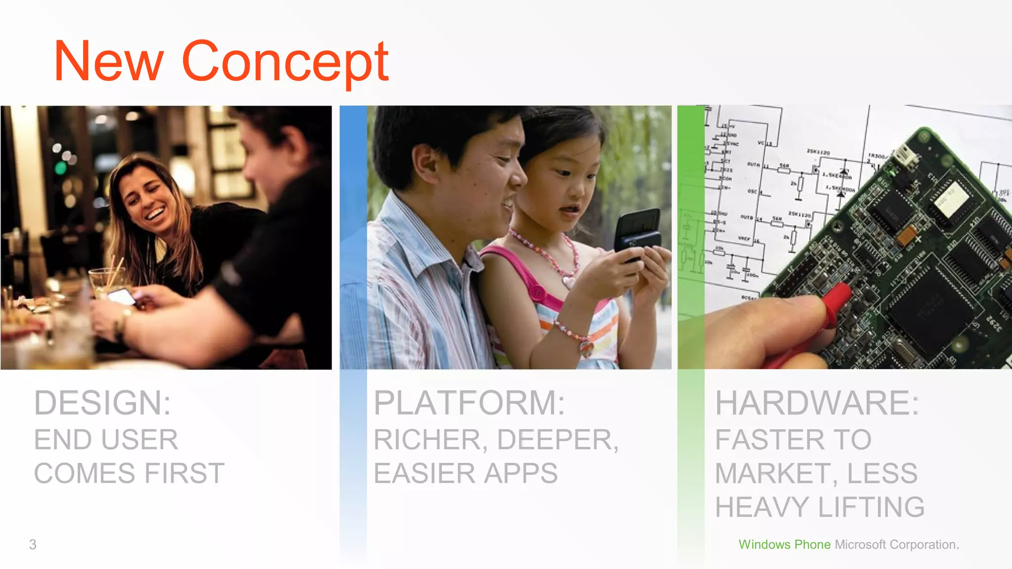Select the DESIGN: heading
tap(102, 403)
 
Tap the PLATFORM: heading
tap(469, 403)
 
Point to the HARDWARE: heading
tap(817, 403)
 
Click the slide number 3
tap(33, 544)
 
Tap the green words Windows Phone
tap(784, 544)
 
